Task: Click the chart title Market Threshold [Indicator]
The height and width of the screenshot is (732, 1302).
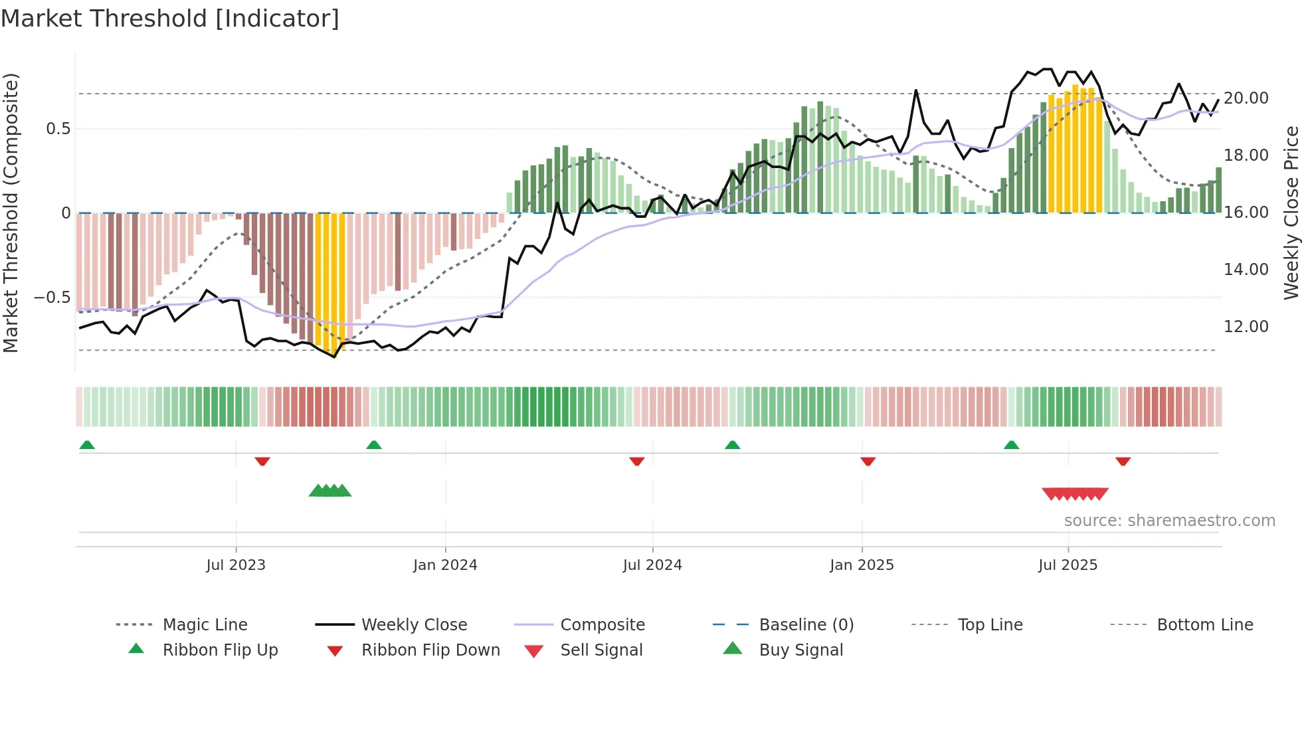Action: point(170,19)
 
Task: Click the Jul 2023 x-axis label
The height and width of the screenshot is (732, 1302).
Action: point(236,565)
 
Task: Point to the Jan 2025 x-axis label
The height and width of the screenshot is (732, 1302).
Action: point(862,565)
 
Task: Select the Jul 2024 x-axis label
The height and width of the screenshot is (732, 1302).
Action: point(652,565)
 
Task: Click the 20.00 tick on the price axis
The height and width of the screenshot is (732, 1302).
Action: point(1246,98)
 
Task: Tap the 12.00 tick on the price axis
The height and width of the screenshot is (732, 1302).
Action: point(1246,327)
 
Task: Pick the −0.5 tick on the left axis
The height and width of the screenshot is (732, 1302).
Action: point(52,298)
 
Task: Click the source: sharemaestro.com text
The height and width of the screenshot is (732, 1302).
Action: point(1169,521)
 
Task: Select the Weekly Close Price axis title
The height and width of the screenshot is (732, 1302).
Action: point(1291,213)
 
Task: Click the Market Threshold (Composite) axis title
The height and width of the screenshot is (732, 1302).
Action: point(11,213)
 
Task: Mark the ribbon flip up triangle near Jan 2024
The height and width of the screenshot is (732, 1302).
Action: point(374,444)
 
